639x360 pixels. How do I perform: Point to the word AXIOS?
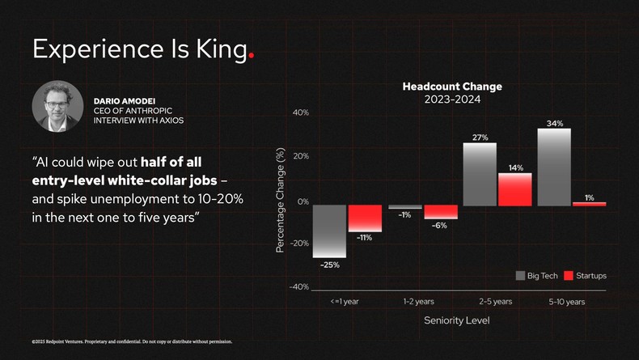pos(171,121)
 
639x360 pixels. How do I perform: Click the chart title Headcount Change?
pos(452,87)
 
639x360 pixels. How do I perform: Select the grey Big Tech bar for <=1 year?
pos(329,231)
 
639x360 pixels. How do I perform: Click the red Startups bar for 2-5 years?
pos(514,189)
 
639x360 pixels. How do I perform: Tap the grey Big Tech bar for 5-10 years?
pos(554,167)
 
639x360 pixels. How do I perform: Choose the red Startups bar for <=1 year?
pos(365,218)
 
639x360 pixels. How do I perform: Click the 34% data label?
pos(555,123)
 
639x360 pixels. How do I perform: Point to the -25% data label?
pos(329,265)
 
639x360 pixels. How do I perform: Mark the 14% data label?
pos(515,167)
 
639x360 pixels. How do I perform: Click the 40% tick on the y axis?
pos(300,112)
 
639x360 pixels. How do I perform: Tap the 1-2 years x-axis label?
pos(418,301)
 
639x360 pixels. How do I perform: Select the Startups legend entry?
pos(585,276)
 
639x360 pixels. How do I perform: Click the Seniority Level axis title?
pos(457,320)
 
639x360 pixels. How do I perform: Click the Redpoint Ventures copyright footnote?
pos(132,341)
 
